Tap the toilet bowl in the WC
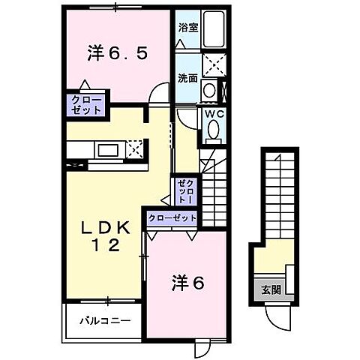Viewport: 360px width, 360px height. (x=213, y=133)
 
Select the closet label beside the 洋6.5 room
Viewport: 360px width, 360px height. (x=87, y=103)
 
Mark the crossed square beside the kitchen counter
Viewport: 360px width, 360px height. (x=136, y=148)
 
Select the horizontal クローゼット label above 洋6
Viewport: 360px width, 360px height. (x=172, y=218)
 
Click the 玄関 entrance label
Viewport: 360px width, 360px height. (x=271, y=290)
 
